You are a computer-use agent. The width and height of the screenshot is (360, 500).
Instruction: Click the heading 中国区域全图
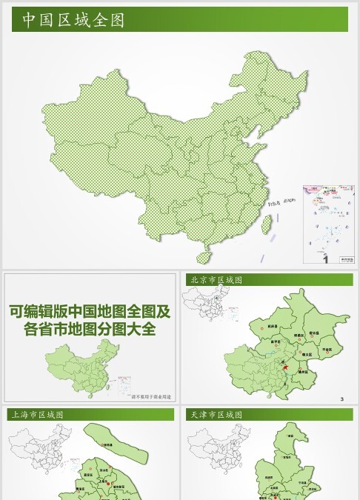point(73,20)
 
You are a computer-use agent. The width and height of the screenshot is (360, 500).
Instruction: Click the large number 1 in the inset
point(324,258)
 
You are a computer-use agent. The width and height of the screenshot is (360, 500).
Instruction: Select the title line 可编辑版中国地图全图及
point(90,311)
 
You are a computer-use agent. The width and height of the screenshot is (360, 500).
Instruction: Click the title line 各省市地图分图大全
point(90,329)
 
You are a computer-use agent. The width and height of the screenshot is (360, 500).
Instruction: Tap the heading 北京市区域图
point(216,280)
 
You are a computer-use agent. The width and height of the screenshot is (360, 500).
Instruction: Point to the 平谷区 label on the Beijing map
point(327,348)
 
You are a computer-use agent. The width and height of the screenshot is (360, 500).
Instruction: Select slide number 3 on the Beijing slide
point(342,400)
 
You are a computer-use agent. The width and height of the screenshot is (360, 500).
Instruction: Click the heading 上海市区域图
point(36,415)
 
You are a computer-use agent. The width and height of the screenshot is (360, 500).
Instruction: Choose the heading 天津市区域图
point(216,415)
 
